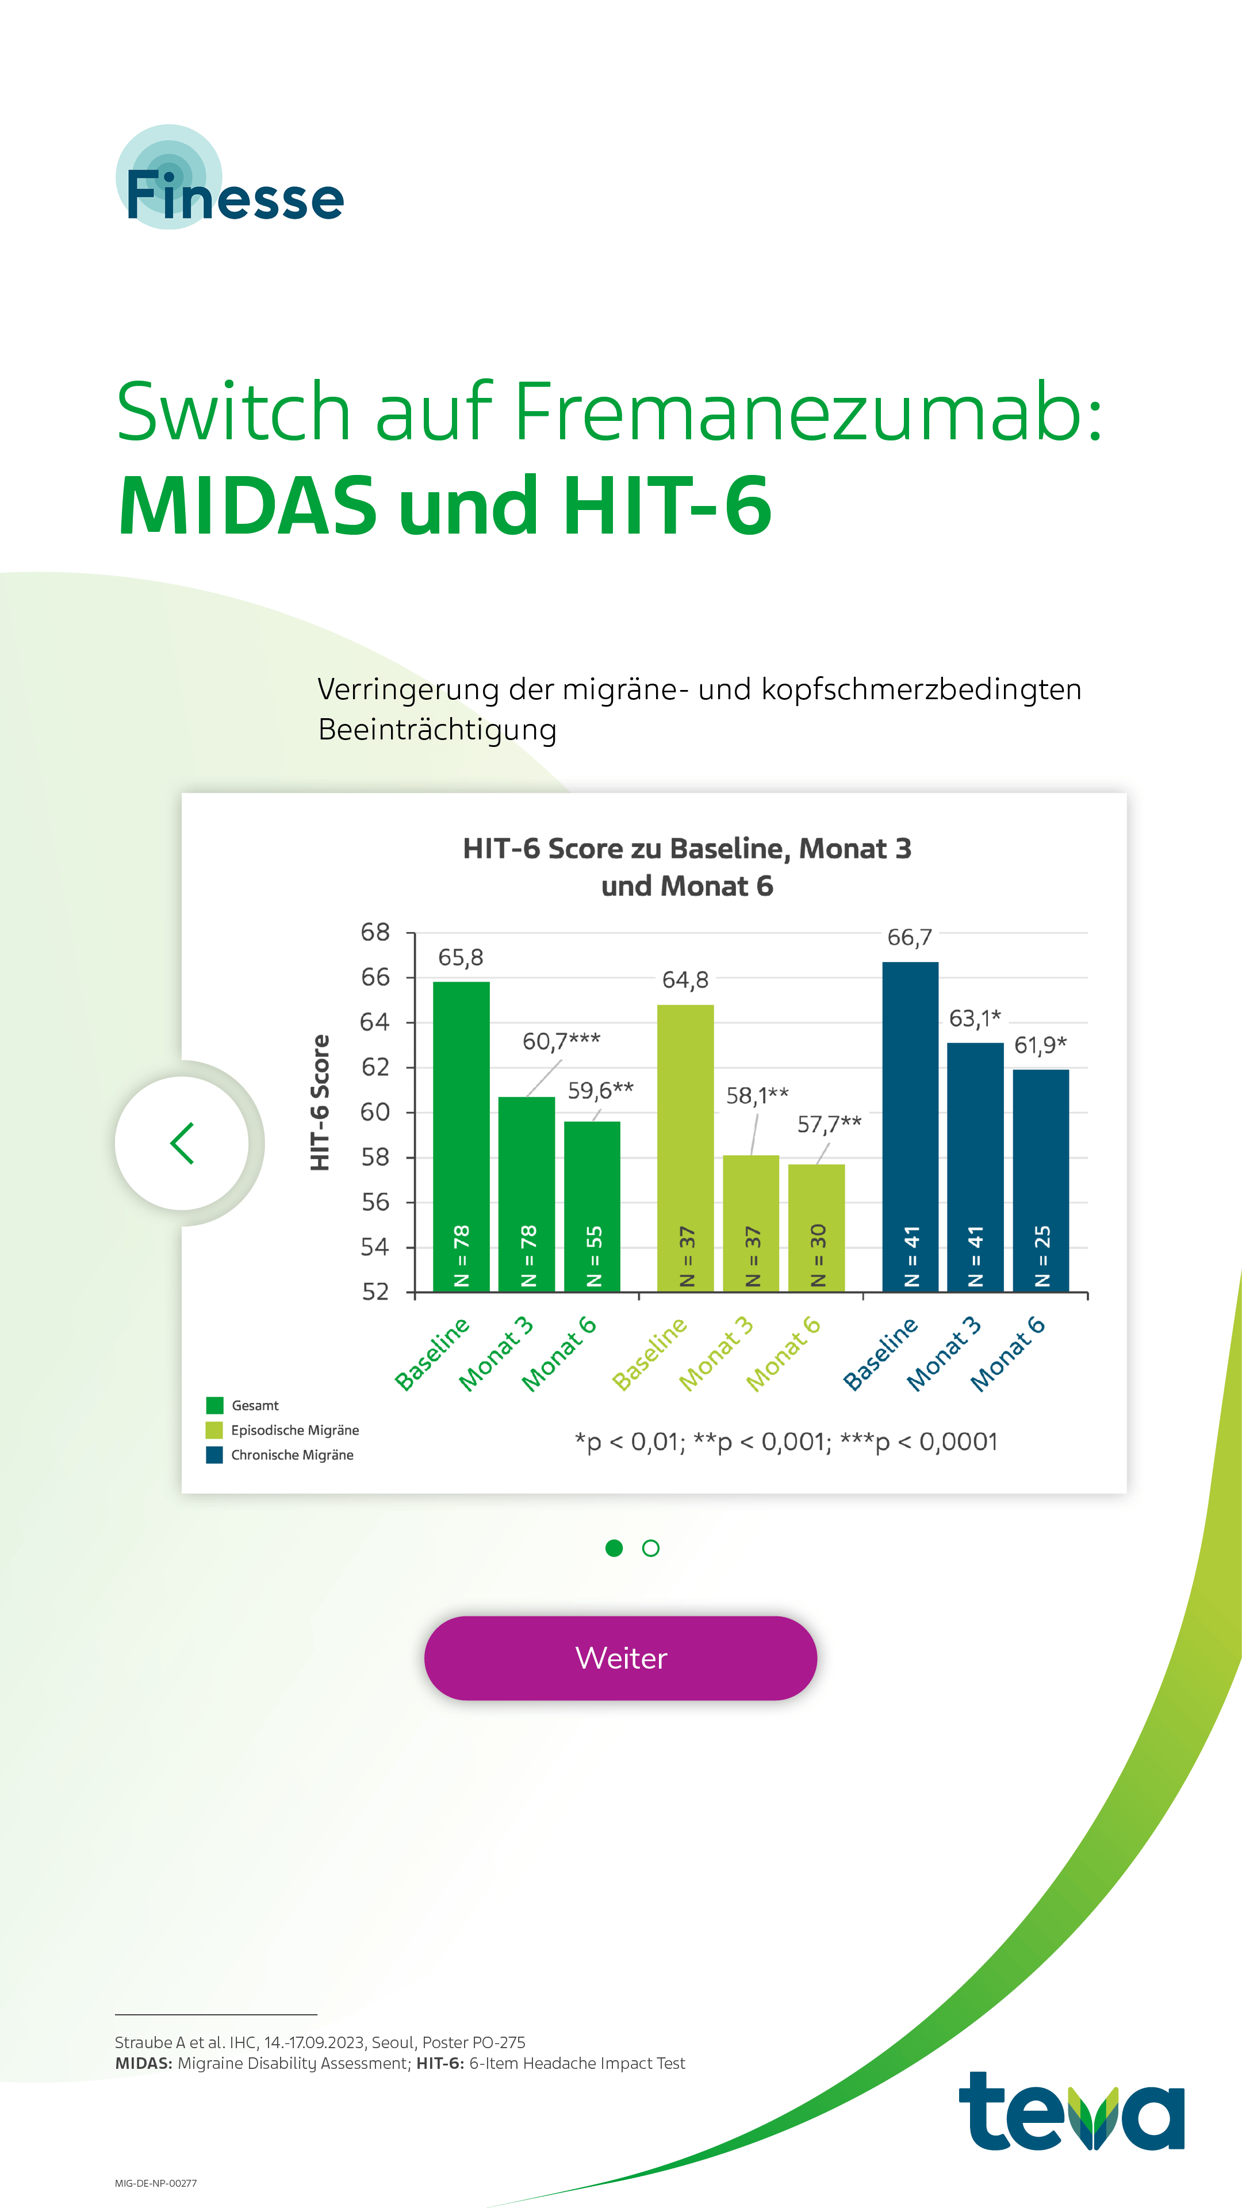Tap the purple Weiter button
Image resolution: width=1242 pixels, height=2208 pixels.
[x=620, y=1658]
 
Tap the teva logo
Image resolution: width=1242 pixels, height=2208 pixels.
[x=1071, y=2113]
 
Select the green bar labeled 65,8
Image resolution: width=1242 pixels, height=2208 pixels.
[x=461, y=1132]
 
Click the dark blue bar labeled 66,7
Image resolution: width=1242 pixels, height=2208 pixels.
[x=910, y=1123]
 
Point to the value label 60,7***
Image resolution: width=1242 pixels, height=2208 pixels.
[x=561, y=1041]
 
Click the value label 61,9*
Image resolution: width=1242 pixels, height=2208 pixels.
[x=1041, y=1045]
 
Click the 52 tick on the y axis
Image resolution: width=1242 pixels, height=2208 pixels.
[x=375, y=1291]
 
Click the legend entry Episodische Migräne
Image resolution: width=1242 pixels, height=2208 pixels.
[x=294, y=1429]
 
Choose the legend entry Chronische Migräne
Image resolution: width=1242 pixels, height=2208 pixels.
[x=292, y=1455]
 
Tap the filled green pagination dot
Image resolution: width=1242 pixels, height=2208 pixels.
[x=614, y=1547]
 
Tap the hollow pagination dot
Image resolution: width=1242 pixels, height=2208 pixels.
[x=650, y=1548]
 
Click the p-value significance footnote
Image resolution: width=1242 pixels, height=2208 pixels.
[x=786, y=1442]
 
